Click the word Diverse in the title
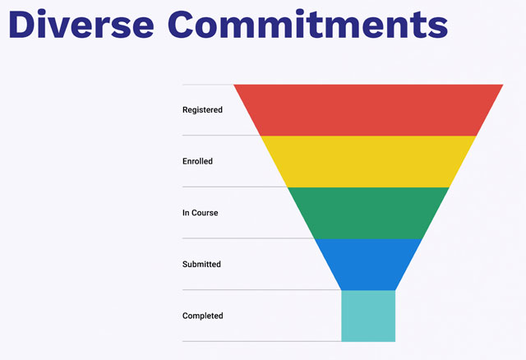(x=81, y=24)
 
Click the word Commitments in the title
(x=308, y=24)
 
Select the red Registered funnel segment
(x=368, y=110)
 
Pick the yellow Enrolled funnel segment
(x=368, y=161)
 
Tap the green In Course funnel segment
(x=368, y=213)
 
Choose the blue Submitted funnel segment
(x=368, y=264)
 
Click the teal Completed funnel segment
(x=368, y=316)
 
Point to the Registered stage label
(x=202, y=110)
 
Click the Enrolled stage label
(x=197, y=161)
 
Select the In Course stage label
(x=201, y=213)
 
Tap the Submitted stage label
(x=201, y=264)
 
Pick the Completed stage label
(x=203, y=316)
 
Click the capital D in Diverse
(x=21, y=25)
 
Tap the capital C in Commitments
(x=182, y=25)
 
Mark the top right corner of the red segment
(x=503, y=85)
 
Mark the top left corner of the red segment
(x=233, y=85)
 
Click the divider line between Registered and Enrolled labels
(x=221, y=136)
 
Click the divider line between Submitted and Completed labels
(x=261, y=289)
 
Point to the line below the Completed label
(x=261, y=341)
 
